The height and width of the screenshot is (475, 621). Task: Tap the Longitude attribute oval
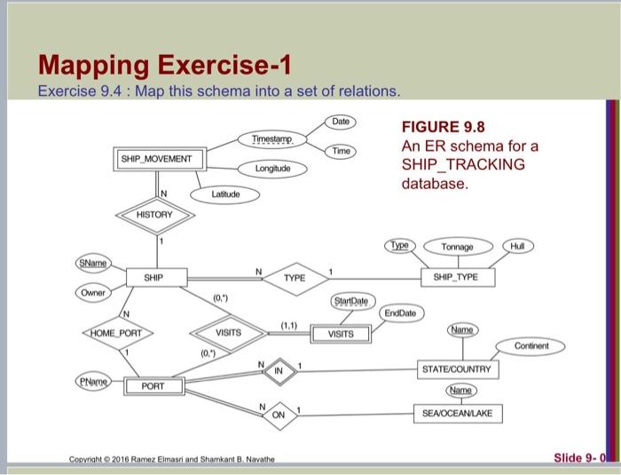pyautogui.click(x=273, y=167)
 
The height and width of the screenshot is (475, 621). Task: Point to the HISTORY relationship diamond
pyautogui.click(x=154, y=215)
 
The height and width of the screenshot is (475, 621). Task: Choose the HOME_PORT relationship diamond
pyautogui.click(x=117, y=333)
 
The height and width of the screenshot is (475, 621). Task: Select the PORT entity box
pyautogui.click(x=153, y=386)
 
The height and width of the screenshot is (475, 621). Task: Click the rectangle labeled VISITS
pyautogui.click(x=341, y=334)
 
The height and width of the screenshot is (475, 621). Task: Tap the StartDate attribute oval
pyautogui.click(x=353, y=303)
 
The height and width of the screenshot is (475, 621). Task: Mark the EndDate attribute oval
pyautogui.click(x=405, y=313)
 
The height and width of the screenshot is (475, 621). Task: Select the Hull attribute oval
pyautogui.click(x=517, y=244)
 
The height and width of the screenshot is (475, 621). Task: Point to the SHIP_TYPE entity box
pyautogui.click(x=455, y=277)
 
